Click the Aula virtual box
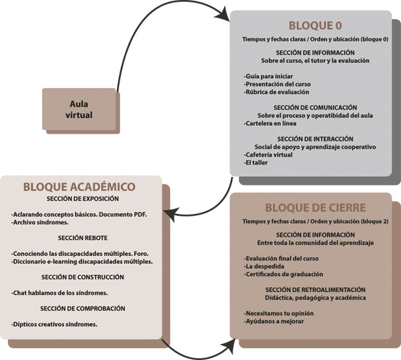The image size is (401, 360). pyautogui.click(x=81, y=110)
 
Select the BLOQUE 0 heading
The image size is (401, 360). pyautogui.click(x=315, y=25)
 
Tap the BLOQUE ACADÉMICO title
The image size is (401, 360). pyautogui.click(x=80, y=187)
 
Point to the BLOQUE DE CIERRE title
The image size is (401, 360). pyautogui.click(x=315, y=208)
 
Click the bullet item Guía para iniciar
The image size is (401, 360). pyautogui.click(x=268, y=76)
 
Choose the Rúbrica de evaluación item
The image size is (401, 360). pyautogui.click(x=276, y=92)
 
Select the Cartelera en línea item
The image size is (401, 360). pyautogui.click(x=270, y=123)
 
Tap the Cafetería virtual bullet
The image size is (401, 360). pyautogui.click(x=268, y=155)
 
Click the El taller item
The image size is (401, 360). pyautogui.click(x=255, y=163)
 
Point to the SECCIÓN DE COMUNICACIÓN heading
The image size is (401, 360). pyautogui.click(x=315, y=107)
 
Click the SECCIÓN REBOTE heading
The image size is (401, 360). pyautogui.click(x=83, y=238)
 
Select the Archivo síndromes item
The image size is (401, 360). pyautogui.click(x=39, y=223)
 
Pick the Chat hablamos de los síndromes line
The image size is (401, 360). pyautogui.click(x=59, y=293)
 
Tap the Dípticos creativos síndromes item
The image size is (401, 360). pyautogui.click(x=54, y=324)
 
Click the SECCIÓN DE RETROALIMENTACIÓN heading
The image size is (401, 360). pyautogui.click(x=315, y=290)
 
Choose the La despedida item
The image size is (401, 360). pyautogui.click(x=264, y=266)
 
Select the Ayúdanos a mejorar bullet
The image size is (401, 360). pyautogui.click(x=274, y=321)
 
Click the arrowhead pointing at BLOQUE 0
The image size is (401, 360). pyautogui.click(x=223, y=15)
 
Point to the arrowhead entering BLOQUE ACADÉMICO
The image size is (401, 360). pyautogui.click(x=170, y=215)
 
